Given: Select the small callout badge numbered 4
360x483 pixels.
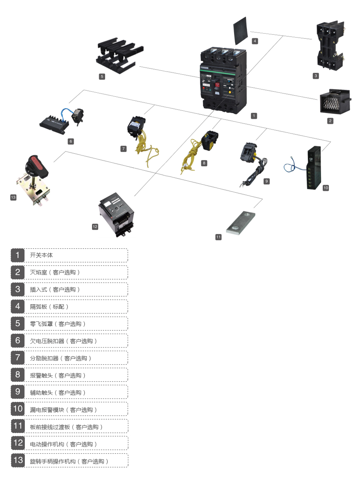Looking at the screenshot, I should tap(255, 41).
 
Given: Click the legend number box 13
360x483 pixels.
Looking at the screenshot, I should tap(18, 460).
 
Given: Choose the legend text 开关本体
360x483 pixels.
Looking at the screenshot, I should tap(42, 255).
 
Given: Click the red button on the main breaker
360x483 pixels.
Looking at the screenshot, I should tap(218, 85).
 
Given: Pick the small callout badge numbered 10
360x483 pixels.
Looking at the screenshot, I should tap(326, 188).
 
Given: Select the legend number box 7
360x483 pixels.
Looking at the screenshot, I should tap(18, 357).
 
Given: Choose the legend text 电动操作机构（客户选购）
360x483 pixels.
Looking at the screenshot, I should tap(64, 444).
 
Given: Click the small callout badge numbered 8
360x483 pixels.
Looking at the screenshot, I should tap(204, 163).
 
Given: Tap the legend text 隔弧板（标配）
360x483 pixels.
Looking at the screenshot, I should tap(50, 307).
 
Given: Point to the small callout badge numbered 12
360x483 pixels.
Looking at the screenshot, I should tap(95, 227).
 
